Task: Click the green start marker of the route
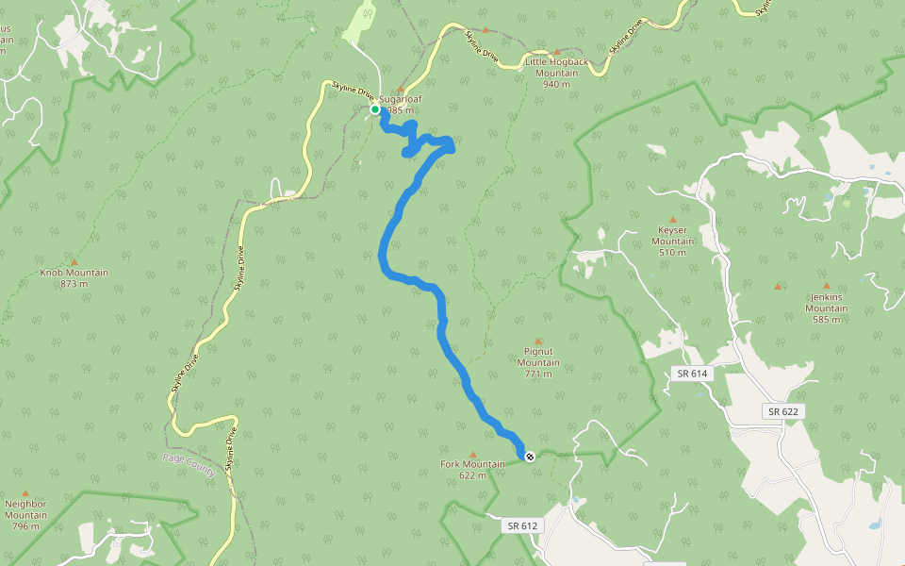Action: pos(375,109)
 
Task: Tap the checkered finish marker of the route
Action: pos(530,457)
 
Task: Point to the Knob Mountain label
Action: pos(74,278)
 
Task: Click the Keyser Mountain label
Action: pos(672,241)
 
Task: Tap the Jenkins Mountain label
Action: pos(827,308)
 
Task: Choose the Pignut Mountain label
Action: pos(538,362)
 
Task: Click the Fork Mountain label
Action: pos(472,469)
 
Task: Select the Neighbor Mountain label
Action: pos(25,515)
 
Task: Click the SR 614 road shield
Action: pos(692,374)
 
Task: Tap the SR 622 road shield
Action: pos(782,411)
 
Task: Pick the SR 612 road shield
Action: pos(520,525)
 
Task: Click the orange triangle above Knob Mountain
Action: pos(74,261)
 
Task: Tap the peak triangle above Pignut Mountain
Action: pos(538,341)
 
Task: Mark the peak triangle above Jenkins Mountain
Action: pos(827,286)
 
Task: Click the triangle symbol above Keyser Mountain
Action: pos(672,219)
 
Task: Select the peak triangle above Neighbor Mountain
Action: pos(25,492)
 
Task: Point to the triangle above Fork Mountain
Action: pos(472,454)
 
